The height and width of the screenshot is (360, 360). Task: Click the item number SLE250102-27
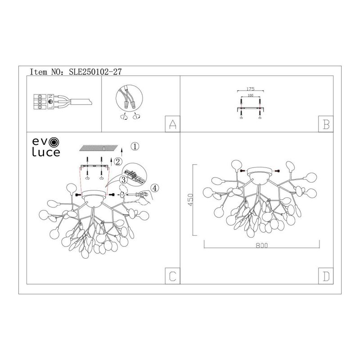click(95, 72)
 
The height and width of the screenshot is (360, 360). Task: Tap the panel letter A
click(172, 124)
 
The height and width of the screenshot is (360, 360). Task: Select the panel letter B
click(326, 124)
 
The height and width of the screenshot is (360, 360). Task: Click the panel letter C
click(172, 276)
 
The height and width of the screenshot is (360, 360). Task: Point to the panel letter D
click(326, 276)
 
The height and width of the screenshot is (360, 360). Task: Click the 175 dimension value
click(251, 89)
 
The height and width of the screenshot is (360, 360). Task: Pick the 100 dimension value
click(251, 95)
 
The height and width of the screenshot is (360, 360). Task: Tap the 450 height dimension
click(190, 200)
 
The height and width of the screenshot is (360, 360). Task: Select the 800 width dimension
click(262, 245)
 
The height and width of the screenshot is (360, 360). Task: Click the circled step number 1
click(135, 146)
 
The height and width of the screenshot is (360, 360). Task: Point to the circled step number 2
click(118, 162)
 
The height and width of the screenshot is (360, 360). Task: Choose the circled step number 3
click(124, 180)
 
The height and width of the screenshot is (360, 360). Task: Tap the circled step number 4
click(155, 188)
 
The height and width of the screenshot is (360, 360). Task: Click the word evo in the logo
click(46, 142)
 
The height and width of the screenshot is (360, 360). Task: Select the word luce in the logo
click(46, 152)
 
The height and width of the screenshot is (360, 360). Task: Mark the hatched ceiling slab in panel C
click(99, 148)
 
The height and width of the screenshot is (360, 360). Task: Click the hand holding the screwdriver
click(144, 198)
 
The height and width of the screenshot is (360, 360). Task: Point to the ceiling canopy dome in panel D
click(260, 175)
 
